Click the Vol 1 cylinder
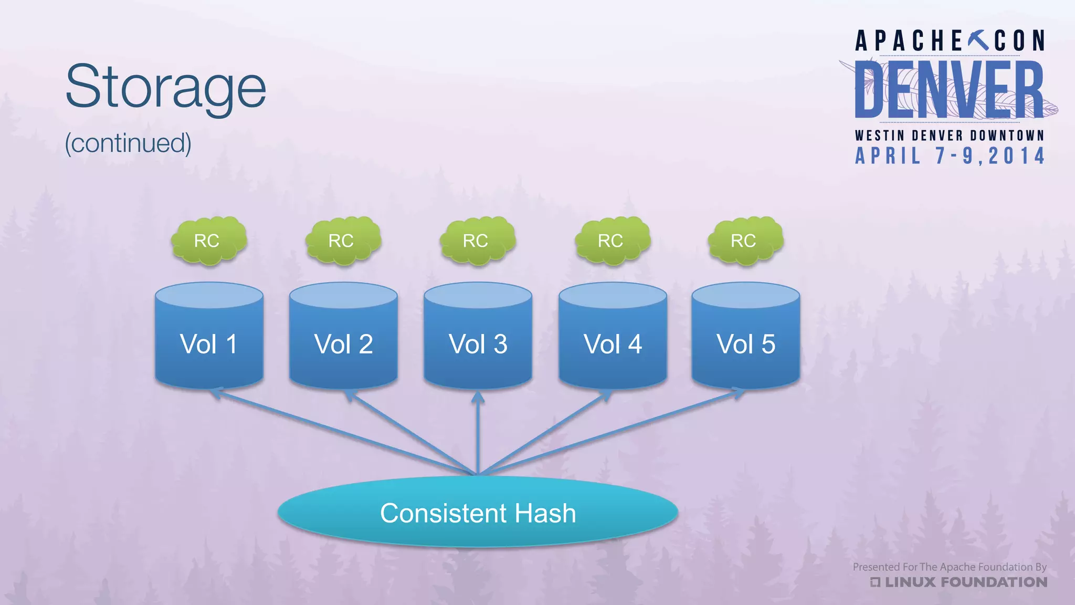click(x=209, y=336)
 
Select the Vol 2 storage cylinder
click(x=343, y=336)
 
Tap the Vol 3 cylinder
click(x=478, y=336)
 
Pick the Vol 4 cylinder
click(x=613, y=336)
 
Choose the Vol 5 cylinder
click(x=745, y=336)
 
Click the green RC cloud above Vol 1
click(x=208, y=241)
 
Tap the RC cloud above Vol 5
click(x=745, y=241)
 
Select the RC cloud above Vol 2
click(x=343, y=241)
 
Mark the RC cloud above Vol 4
click(x=612, y=241)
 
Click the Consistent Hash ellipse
click(x=478, y=513)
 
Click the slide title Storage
click(x=166, y=87)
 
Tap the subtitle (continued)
click(x=128, y=143)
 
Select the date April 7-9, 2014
click(x=950, y=156)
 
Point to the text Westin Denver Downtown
click(x=950, y=135)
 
